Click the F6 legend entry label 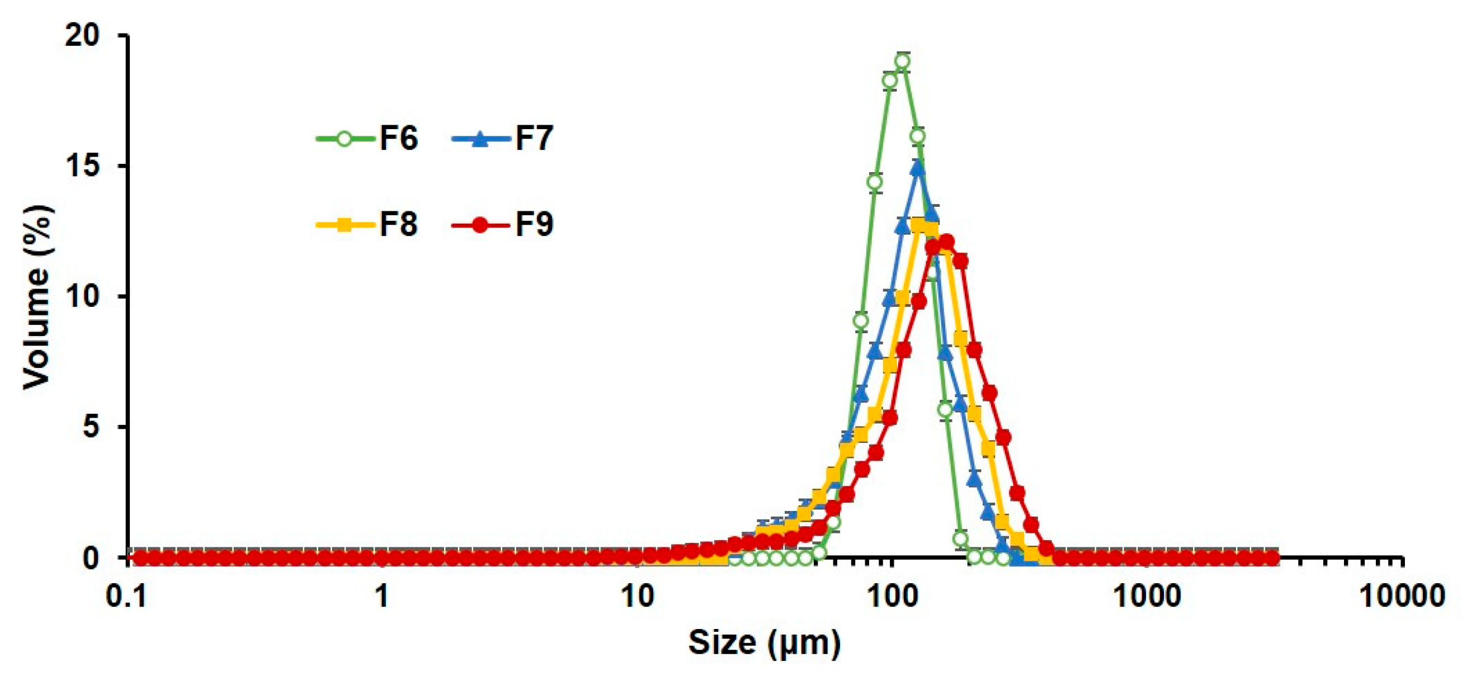[x=398, y=139]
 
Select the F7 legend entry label [x=534, y=139]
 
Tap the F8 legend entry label [x=398, y=225]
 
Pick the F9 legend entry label [x=534, y=225]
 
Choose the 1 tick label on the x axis [x=383, y=597]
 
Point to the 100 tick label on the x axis [x=892, y=597]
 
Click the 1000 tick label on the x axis [x=1148, y=597]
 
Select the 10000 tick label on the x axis [x=1402, y=597]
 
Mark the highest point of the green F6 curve [x=902, y=61]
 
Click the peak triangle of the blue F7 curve [x=918, y=167]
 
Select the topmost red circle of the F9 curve [x=946, y=242]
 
